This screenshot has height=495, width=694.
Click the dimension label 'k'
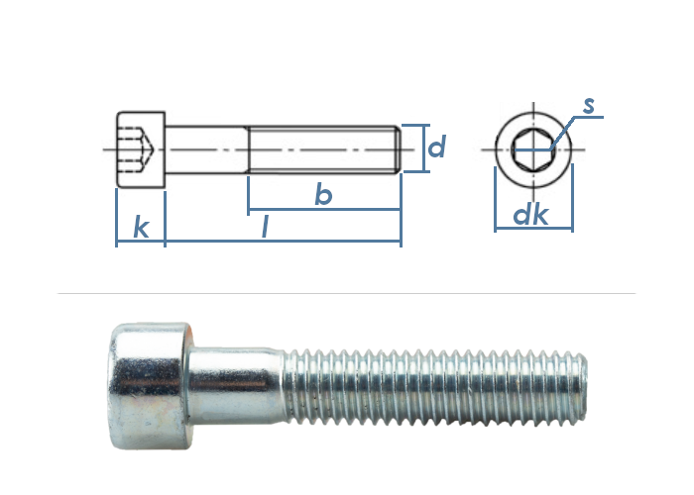tap(141, 227)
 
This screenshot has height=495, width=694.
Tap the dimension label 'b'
tap(322, 195)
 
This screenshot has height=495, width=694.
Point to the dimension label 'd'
tap(435, 148)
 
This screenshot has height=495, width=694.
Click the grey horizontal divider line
tap(347, 294)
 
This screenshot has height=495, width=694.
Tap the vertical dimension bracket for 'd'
tap(424, 148)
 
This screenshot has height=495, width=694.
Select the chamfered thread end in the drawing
tap(398, 149)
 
